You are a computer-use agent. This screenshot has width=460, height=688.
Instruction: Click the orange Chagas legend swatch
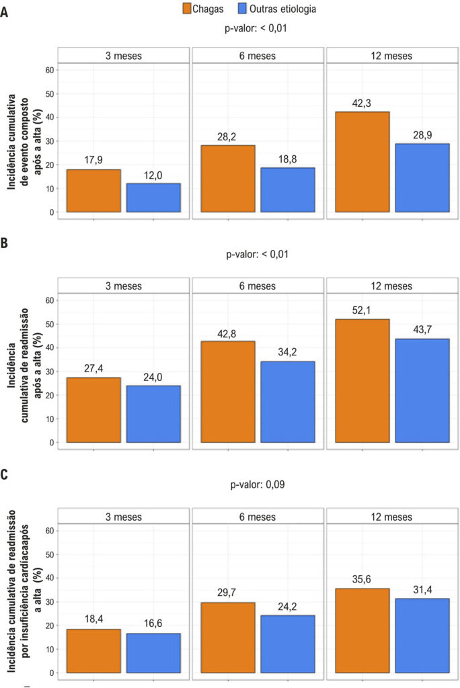click(187, 8)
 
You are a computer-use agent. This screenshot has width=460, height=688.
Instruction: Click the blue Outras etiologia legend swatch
click(242, 8)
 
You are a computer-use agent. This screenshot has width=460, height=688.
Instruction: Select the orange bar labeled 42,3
click(362, 162)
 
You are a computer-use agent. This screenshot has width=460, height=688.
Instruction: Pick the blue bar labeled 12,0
click(153, 198)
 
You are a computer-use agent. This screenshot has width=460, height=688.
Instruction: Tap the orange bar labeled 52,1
click(362, 381)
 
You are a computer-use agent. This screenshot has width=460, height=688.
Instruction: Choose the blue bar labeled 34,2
click(288, 402)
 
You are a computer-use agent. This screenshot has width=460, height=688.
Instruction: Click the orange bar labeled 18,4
click(93, 650)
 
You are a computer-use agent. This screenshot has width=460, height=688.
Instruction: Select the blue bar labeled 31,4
click(422, 636)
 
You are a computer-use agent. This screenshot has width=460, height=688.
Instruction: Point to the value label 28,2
click(227, 137)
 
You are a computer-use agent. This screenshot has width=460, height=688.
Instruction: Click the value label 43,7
click(422, 330)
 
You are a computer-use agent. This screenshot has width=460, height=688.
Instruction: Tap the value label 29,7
click(227, 593)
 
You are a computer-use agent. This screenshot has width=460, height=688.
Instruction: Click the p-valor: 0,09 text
click(258, 484)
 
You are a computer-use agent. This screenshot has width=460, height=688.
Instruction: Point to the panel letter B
click(4, 243)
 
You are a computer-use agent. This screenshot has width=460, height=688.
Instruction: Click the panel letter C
click(4, 474)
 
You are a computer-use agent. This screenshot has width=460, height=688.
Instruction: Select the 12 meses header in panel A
click(391, 56)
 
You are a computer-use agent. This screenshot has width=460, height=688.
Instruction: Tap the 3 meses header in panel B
click(124, 286)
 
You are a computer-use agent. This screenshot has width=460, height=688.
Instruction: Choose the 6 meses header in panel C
click(258, 517)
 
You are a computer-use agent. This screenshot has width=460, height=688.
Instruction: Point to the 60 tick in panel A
click(49, 70)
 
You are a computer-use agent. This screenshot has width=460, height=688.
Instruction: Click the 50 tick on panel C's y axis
click(49, 554)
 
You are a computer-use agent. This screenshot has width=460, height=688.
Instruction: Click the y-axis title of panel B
click(24, 365)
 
